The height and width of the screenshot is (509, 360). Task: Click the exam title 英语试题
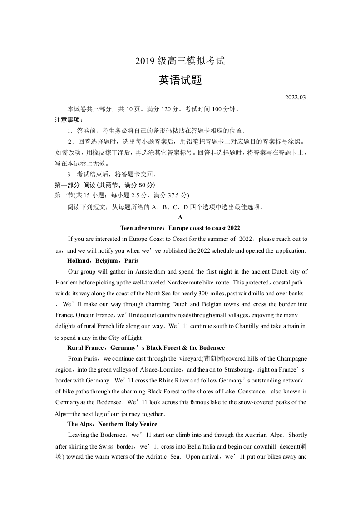click(180, 81)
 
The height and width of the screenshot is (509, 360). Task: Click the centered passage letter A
click(180, 217)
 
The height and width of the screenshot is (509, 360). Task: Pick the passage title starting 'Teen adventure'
click(180, 228)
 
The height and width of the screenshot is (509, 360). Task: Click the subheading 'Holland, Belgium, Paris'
click(103, 261)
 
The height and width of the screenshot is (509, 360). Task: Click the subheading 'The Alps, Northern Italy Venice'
click(112, 424)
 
